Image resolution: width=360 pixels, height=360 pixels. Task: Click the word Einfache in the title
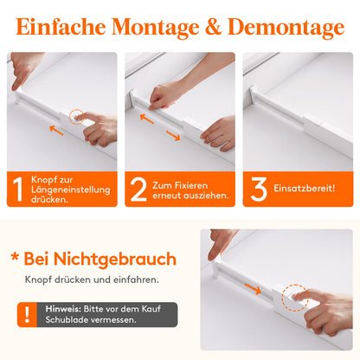[x=61, y=27]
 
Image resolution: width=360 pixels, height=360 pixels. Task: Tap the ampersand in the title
[x=213, y=27]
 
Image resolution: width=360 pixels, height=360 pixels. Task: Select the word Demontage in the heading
[x=286, y=29]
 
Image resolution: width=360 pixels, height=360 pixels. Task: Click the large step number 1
[x=18, y=189]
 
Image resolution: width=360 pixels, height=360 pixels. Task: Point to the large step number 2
[x=138, y=189]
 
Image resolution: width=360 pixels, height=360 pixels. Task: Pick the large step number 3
[x=259, y=189]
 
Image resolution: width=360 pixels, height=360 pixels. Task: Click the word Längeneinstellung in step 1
[x=71, y=190]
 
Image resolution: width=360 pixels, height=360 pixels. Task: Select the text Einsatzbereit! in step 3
[x=305, y=189]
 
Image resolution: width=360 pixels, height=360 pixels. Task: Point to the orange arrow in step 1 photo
[x=56, y=131]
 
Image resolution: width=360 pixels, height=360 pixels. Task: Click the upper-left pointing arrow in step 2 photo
[x=147, y=119]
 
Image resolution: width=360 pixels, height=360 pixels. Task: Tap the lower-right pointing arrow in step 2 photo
[x=173, y=136]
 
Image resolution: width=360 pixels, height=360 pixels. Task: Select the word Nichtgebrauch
[x=115, y=260]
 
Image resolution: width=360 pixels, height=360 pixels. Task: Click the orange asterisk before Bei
[x=15, y=257]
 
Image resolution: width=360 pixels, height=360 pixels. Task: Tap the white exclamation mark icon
[x=27, y=314]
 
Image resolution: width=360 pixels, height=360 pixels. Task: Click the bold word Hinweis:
[x=63, y=309]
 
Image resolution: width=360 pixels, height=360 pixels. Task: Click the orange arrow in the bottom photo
[x=253, y=289]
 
